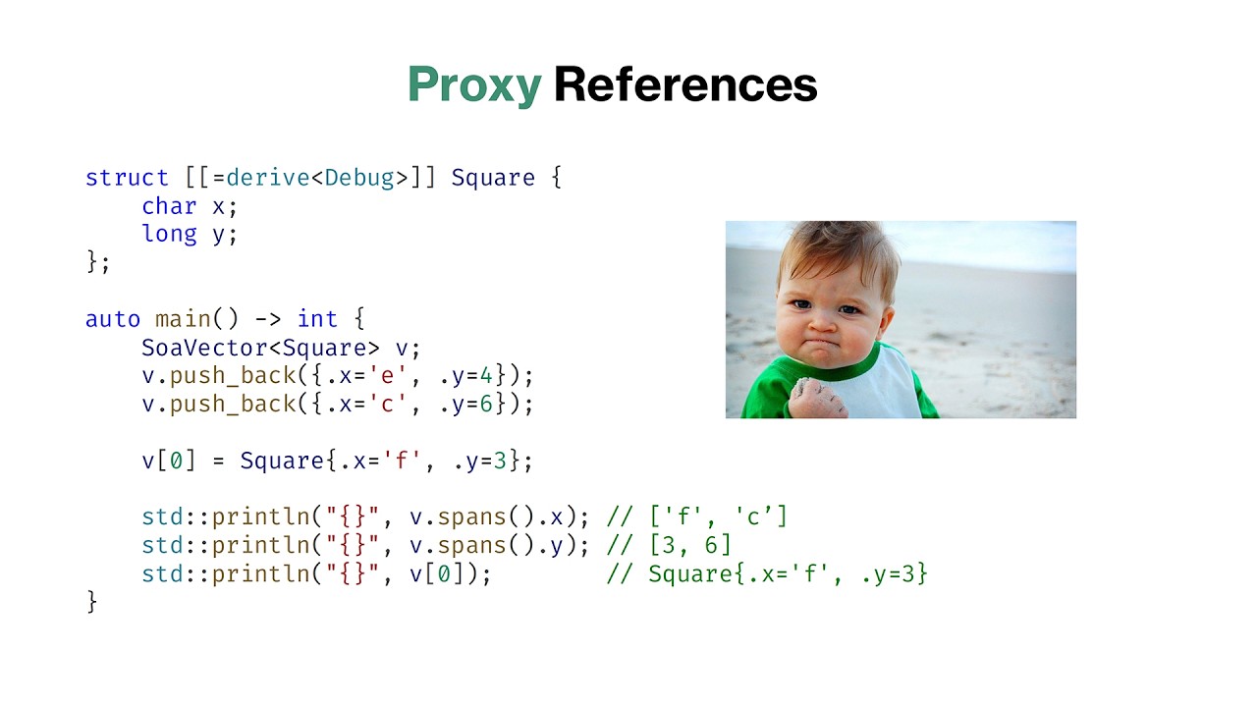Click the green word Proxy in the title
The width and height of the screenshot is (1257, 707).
474,85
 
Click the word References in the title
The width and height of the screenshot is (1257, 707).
685,85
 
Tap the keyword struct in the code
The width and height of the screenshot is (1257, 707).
127,178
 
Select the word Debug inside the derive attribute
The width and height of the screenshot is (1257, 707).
358,178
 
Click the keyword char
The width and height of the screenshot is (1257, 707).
169,206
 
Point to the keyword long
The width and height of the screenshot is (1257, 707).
169,235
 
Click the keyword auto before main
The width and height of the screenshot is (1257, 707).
113,319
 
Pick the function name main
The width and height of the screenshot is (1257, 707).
183,319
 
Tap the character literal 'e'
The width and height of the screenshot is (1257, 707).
394,376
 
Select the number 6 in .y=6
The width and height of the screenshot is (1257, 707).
485,405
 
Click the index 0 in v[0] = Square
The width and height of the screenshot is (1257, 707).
176,461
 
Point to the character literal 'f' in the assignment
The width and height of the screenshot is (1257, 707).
401,461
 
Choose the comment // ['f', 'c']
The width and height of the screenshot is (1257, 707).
697,517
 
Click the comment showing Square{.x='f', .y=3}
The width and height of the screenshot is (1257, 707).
767,573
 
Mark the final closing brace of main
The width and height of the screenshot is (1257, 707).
92,601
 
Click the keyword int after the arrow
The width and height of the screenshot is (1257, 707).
317,319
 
